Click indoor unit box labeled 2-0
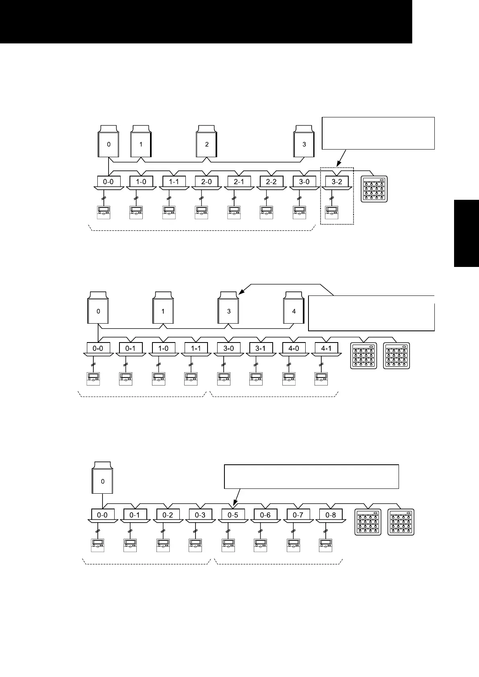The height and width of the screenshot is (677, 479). click(x=206, y=182)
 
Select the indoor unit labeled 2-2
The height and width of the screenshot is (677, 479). click(x=271, y=182)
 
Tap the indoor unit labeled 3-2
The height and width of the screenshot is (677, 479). click(x=337, y=182)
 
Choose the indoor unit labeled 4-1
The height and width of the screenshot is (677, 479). click(x=326, y=349)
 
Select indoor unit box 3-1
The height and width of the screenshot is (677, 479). click(x=261, y=349)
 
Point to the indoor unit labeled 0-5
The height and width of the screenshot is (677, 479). click(x=233, y=515)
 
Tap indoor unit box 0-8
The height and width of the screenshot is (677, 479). click(x=331, y=515)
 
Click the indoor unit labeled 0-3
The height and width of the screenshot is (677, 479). click(x=200, y=515)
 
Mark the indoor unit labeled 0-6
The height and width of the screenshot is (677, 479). click(x=265, y=515)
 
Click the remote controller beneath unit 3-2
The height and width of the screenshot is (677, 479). click(x=332, y=212)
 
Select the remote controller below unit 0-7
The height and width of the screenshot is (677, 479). click(x=293, y=545)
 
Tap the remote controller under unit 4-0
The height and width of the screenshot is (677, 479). click(x=288, y=379)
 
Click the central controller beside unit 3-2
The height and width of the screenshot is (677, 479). click(x=374, y=189)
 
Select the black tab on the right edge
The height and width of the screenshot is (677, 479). click(x=467, y=233)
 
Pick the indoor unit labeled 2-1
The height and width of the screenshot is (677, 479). click(x=239, y=182)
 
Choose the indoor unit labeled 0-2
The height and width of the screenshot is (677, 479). click(x=168, y=515)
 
